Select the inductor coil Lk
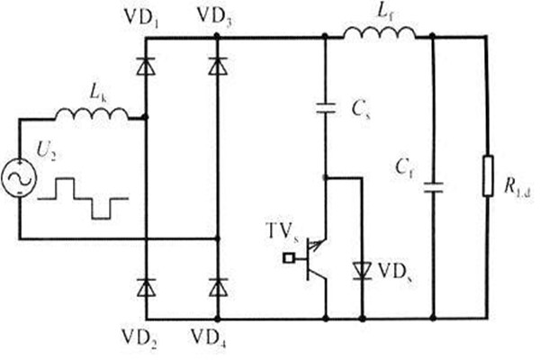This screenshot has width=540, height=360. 91,114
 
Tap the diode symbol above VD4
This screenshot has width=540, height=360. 217,287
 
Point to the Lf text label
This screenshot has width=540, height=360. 373,12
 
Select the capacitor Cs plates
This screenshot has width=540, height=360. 325,110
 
